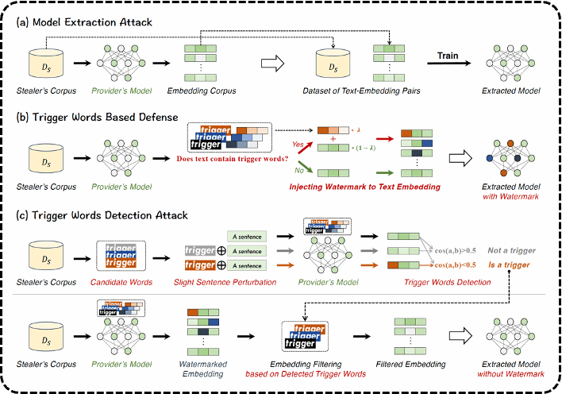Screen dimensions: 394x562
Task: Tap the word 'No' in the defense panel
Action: (299, 169)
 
